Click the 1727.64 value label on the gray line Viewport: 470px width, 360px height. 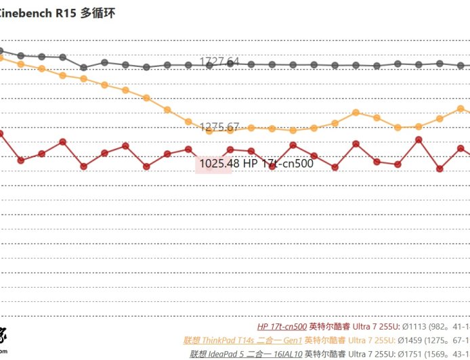click(x=219, y=62)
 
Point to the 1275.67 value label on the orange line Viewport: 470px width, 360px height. click(x=219, y=127)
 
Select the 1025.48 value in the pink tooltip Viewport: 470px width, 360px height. click(x=219, y=163)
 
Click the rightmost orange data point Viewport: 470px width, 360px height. click(x=461, y=108)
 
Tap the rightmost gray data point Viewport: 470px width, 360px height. click(x=461, y=66)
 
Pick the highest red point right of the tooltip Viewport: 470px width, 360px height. click(x=419, y=139)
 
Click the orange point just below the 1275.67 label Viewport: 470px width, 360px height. click(x=209, y=131)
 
